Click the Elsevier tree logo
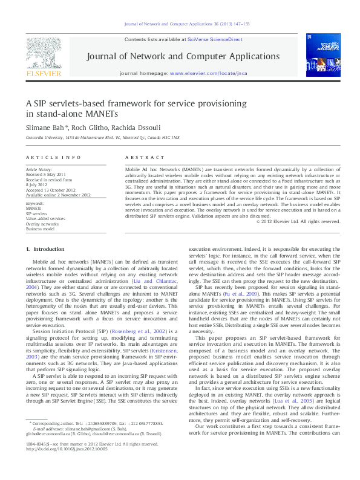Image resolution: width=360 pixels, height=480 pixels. pyautogui.click(x=42, y=57)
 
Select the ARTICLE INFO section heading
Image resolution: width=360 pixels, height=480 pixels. pyautogui.click(x=53, y=157)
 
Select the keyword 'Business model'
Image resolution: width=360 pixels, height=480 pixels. pyautogui.click(x=40, y=229)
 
